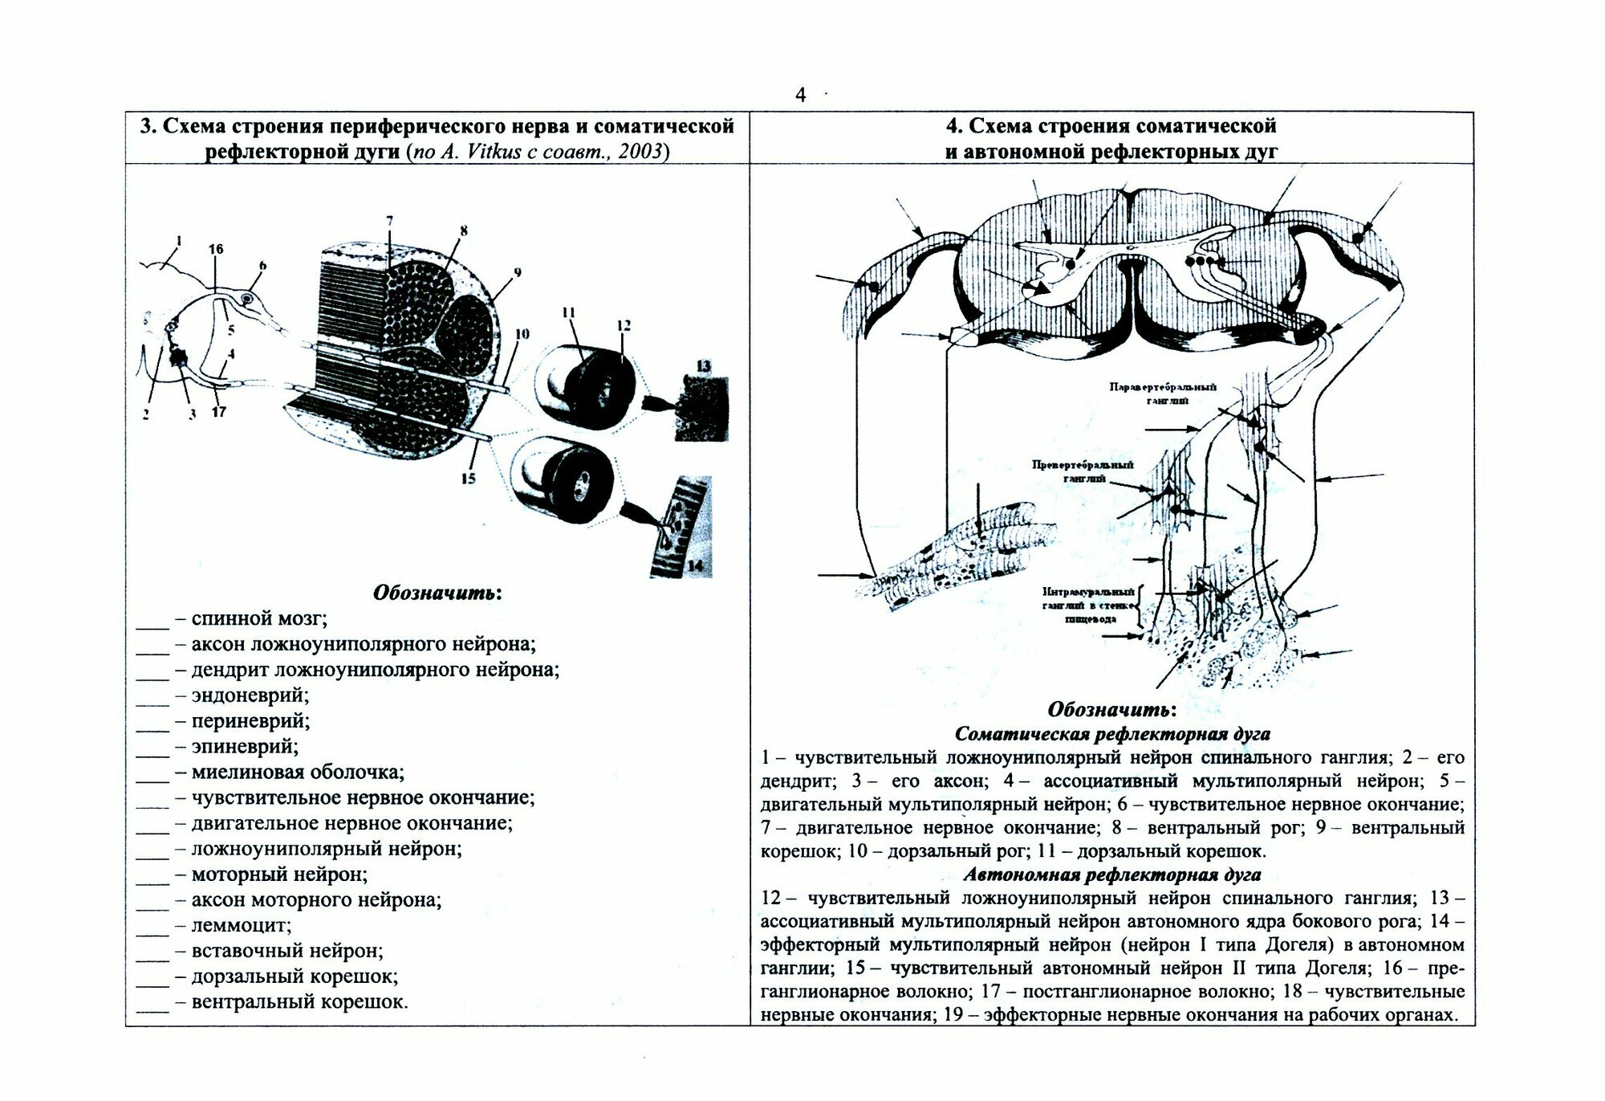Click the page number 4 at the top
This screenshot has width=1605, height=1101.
pyautogui.click(x=800, y=96)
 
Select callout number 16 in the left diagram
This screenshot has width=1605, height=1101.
pyautogui.click(x=215, y=250)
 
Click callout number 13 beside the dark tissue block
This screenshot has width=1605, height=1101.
pyautogui.click(x=704, y=365)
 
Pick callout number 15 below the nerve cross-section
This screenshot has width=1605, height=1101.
pyautogui.click(x=468, y=479)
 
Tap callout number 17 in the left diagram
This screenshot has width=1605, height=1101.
pyautogui.click(x=218, y=413)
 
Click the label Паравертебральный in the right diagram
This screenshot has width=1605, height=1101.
pyautogui.click(x=1163, y=387)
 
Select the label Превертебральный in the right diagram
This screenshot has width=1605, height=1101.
pyautogui.click(x=1083, y=465)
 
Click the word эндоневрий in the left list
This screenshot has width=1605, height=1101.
pyautogui.click(x=250, y=695)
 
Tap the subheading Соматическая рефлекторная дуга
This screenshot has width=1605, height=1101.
pyautogui.click(x=1112, y=733)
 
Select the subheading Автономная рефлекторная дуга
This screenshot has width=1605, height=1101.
pyautogui.click(x=1112, y=875)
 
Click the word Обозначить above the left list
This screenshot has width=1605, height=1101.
pyautogui.click(x=437, y=593)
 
